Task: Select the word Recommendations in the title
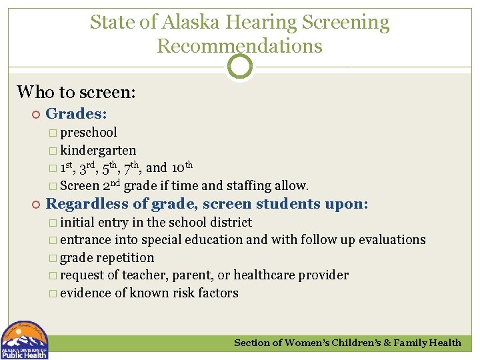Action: point(240,46)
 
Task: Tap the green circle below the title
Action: point(240,67)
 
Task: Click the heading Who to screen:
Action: point(76,91)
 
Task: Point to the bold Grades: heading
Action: point(77,115)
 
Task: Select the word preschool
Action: point(88,133)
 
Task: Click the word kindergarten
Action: point(98,151)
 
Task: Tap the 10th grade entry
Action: point(182,167)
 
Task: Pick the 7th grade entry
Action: point(131,167)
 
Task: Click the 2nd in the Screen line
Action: point(111,185)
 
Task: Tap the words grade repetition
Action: point(107,257)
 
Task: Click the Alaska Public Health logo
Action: point(24,340)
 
